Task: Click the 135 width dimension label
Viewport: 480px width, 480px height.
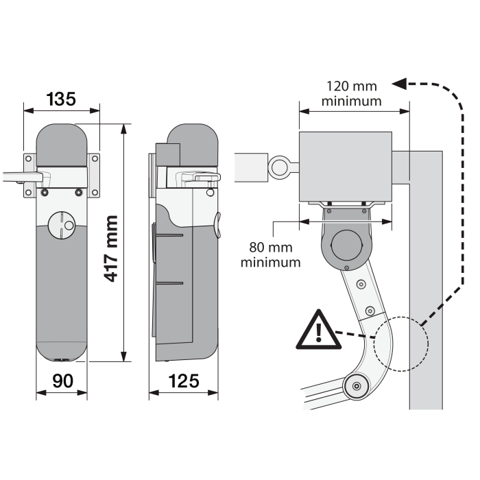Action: point(61,99)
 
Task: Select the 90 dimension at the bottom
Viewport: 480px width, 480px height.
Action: point(61,381)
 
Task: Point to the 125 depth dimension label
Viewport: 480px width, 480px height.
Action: point(183,381)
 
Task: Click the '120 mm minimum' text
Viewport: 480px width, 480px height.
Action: point(352,93)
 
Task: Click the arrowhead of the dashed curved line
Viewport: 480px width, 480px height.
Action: point(398,84)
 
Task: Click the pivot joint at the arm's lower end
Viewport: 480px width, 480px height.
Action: point(356,387)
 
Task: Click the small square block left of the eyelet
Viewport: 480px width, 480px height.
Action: point(250,167)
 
